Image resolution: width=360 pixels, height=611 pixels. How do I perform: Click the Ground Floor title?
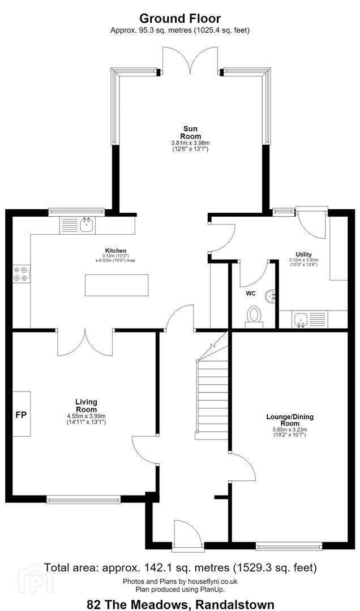[180, 18]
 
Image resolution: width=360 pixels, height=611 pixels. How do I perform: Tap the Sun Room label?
[191, 132]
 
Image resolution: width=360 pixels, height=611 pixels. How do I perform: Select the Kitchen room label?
[115, 250]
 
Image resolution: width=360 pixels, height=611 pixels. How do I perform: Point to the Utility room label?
[303, 255]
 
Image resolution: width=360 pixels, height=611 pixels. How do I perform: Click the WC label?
[250, 294]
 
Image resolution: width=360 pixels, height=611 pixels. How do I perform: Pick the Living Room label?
[86, 406]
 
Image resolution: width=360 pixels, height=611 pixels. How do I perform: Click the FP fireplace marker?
[21, 415]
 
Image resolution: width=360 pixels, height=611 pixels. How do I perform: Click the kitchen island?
[117, 285]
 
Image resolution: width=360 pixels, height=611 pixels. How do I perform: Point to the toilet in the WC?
[254, 317]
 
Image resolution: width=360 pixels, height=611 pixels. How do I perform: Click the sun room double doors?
[191, 61]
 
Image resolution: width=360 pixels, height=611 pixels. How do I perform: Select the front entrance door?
[187, 536]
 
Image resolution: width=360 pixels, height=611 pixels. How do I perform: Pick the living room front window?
[83, 499]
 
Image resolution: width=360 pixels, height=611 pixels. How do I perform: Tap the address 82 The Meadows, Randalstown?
[180, 604]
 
